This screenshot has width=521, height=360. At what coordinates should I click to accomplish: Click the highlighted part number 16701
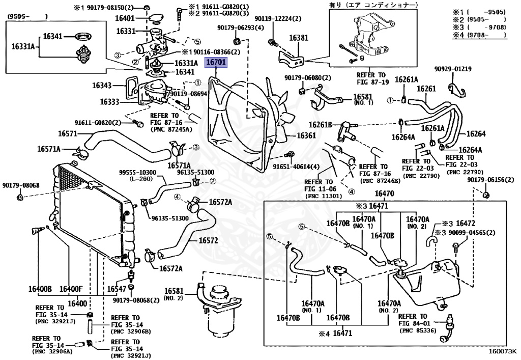point(216,63)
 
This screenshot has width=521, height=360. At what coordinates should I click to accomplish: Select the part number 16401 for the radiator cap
point(125,18)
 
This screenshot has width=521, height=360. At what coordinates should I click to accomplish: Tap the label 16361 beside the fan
point(306,135)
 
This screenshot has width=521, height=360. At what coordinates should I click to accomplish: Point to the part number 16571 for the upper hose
point(68,133)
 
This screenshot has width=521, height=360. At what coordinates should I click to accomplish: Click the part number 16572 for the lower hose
point(208,240)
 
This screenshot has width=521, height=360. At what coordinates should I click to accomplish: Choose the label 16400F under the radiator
point(71,289)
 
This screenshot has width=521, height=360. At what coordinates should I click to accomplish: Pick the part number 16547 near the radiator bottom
point(117,289)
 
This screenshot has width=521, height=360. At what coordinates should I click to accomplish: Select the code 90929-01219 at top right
point(453,69)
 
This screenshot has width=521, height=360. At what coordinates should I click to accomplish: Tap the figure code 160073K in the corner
point(502,351)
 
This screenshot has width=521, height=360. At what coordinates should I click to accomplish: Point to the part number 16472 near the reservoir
point(466,224)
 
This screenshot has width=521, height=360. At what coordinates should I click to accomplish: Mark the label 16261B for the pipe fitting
point(321,125)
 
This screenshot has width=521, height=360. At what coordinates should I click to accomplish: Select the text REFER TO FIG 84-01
point(414,320)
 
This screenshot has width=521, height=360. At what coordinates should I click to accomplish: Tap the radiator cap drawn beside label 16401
point(155,19)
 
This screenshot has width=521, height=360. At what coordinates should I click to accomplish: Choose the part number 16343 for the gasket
point(102,86)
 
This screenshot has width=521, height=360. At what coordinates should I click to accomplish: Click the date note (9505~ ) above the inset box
point(27,16)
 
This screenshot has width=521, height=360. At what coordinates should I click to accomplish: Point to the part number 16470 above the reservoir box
point(384,193)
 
